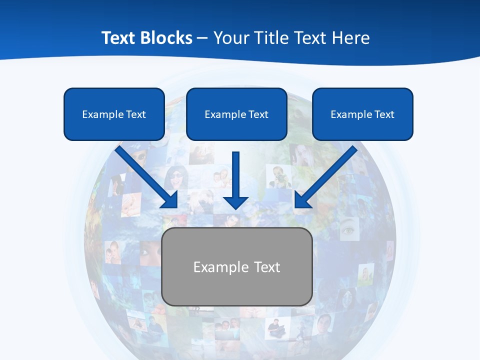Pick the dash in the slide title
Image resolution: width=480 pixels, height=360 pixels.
(x=202, y=38)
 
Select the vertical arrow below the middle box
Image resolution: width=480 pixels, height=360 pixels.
(x=235, y=180)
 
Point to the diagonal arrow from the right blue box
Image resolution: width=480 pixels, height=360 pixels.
(x=326, y=177)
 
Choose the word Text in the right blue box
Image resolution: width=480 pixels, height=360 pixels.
(x=384, y=114)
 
